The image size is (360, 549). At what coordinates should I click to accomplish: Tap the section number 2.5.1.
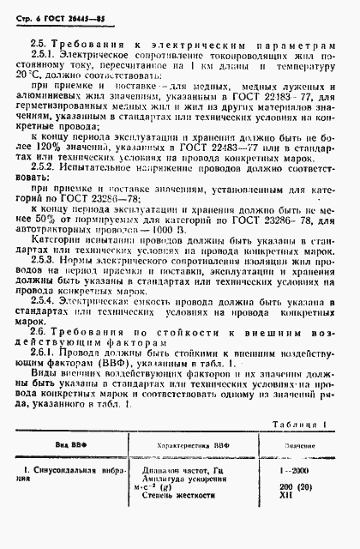coord(44,53)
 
